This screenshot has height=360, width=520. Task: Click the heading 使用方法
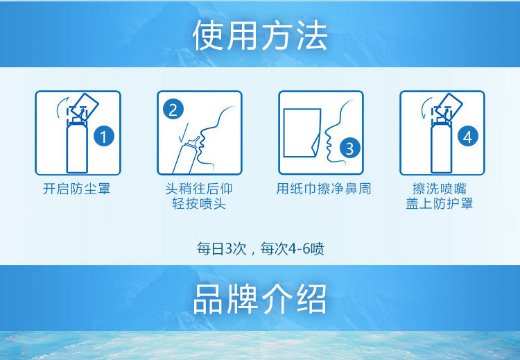coord(259,35)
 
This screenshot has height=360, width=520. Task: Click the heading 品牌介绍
coord(259,300)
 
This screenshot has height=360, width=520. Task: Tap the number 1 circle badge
coord(103,137)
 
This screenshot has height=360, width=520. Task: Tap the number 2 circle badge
coord(173,109)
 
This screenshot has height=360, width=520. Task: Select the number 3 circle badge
coord(349,148)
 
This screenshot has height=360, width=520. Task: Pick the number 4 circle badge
coord(467,137)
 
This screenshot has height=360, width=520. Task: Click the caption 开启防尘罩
coord(76,189)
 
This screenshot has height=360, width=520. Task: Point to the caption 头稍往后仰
coord(199,189)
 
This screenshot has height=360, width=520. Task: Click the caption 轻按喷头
coord(199,204)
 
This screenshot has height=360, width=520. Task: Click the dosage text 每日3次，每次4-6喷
coord(260,248)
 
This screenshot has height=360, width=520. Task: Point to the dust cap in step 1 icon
coord(84,104)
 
